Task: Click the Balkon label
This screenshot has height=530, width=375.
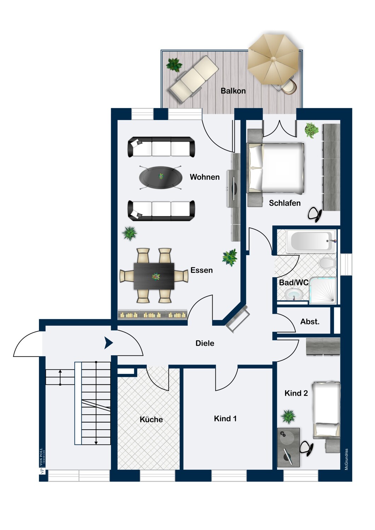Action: pyautogui.click(x=233, y=91)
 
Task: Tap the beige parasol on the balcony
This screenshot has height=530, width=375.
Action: pyautogui.click(x=273, y=59)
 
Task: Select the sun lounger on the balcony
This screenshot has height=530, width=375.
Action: pyautogui.click(x=193, y=79)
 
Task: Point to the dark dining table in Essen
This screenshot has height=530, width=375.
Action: pyautogui.click(x=154, y=276)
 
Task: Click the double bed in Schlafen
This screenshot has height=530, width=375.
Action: pyautogui.click(x=275, y=168)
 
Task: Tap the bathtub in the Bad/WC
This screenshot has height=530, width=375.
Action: pyautogui.click(x=311, y=241)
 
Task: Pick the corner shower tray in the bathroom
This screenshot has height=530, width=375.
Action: pyautogui.click(x=323, y=290)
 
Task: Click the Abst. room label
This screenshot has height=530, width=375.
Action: pyautogui.click(x=310, y=322)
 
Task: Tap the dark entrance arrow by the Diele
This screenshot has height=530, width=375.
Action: pyautogui.click(x=109, y=343)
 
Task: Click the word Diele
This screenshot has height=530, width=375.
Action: pyautogui.click(x=205, y=343)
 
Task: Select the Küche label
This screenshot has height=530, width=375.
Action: pyautogui.click(x=151, y=419)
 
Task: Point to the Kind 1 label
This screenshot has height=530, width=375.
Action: pyautogui.click(x=225, y=419)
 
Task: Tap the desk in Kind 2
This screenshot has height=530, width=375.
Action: pyautogui.click(x=289, y=447)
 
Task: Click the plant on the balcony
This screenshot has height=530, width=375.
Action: pyautogui.click(x=174, y=65)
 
